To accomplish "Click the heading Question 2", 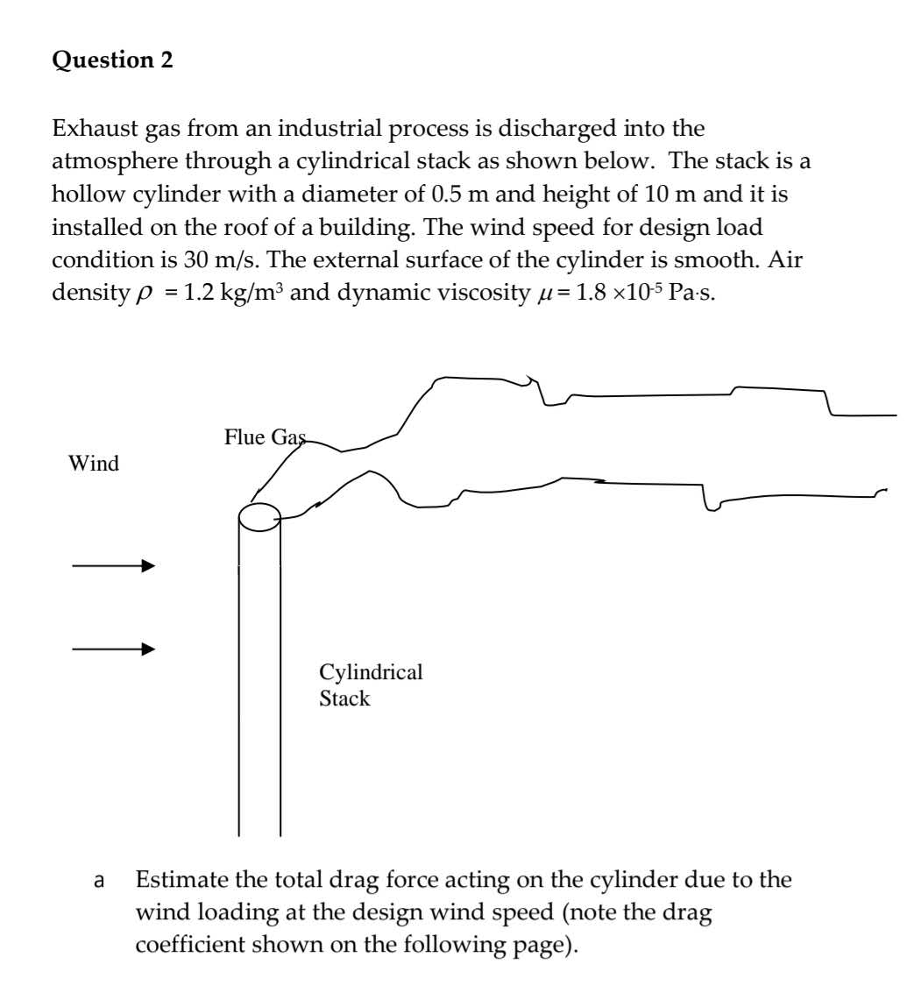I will coord(113,60).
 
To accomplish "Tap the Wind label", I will coord(94,464).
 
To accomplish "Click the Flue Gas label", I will coord(265,436).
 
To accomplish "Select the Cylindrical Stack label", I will coord(370,685).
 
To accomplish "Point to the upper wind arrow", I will coord(113,566).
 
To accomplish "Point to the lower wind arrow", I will coord(113,649).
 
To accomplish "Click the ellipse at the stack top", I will coord(259,517).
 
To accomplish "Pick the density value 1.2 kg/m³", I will coord(234,292).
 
